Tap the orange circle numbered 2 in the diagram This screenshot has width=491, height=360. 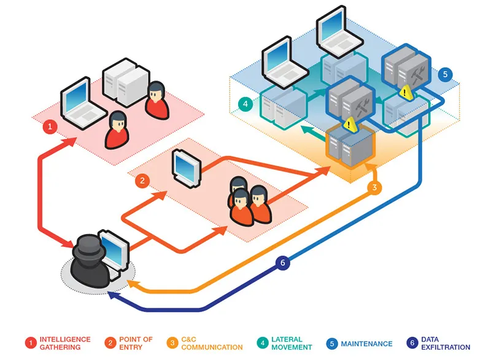142,181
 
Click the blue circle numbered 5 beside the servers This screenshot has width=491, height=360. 446,74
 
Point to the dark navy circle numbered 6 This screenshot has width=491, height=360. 282,263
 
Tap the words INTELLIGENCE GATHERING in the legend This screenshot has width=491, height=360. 65,343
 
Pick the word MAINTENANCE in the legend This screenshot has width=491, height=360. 367,343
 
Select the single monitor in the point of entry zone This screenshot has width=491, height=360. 184,163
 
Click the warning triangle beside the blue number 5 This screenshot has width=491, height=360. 404,92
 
